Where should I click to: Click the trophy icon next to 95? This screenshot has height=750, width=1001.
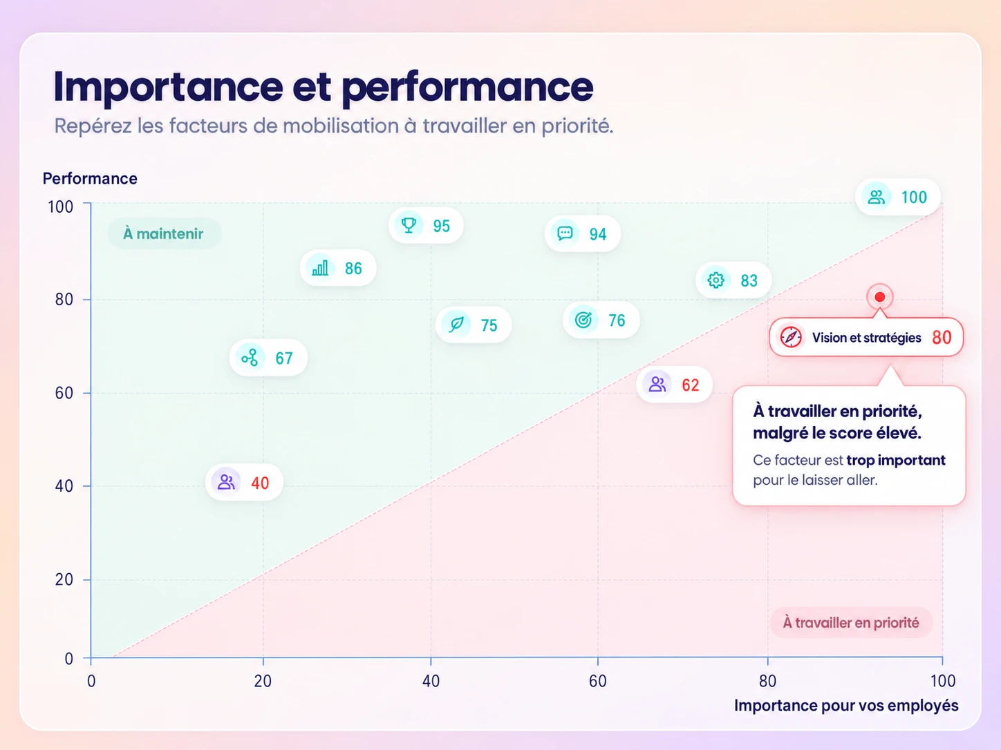coord(409,225)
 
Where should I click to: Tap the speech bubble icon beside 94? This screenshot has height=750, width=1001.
coord(565,233)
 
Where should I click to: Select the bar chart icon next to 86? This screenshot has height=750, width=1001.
coord(320,268)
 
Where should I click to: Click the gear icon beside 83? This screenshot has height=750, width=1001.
coord(715,280)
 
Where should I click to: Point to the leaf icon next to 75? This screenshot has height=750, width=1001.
coord(456,324)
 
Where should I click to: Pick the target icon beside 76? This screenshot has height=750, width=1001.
coord(583,320)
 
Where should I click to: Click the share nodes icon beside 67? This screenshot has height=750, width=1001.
coord(250,358)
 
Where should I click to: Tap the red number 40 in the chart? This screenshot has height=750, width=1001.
coord(260,483)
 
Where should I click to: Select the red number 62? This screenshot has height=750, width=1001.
coord(690,385)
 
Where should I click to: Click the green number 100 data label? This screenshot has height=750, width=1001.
coord(914,198)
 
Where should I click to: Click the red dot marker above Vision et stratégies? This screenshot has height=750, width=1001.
coord(880,298)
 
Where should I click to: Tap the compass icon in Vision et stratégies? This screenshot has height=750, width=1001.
coord(791,338)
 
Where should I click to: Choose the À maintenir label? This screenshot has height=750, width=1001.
coord(164,233)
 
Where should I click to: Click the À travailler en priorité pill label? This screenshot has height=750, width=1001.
coord(851,622)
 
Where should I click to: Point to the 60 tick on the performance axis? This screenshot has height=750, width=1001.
coord(64,394)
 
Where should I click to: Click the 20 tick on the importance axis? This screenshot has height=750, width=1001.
coord(263,681)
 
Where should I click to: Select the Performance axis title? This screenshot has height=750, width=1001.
coord(90,178)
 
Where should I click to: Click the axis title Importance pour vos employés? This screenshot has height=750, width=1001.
coord(846,705)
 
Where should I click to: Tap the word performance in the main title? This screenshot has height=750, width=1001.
coord(467,87)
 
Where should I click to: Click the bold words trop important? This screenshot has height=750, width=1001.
coord(896,461)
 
